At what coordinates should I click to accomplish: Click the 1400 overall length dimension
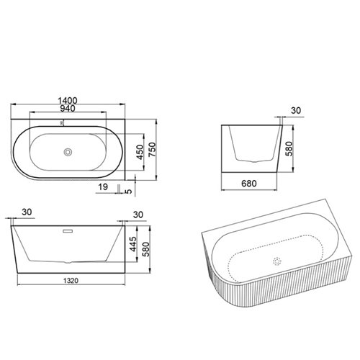(x=68, y=101)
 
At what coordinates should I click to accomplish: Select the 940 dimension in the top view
(x=68, y=109)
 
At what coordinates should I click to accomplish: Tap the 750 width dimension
(x=152, y=150)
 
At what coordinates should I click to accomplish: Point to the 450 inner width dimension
(x=140, y=152)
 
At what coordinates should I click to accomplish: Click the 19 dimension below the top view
(x=103, y=186)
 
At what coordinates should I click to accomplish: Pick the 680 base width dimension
(x=249, y=184)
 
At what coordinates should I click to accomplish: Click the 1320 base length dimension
(x=71, y=280)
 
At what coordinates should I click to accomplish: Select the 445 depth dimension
(x=132, y=244)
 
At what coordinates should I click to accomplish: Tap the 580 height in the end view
(x=289, y=149)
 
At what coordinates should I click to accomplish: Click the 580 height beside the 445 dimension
(x=145, y=249)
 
